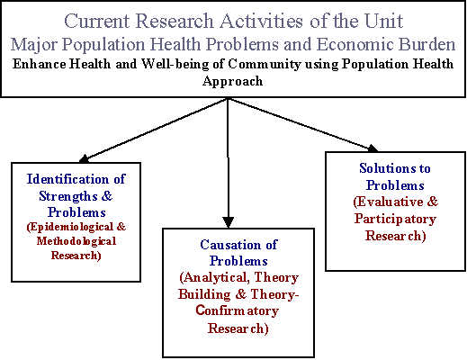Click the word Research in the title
175,21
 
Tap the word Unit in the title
383,21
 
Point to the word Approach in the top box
233,82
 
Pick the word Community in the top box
265,65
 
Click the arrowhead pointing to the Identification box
85,158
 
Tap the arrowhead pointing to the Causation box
229,222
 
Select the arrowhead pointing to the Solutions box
373,148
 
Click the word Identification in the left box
67,179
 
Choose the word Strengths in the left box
68,196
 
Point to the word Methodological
76,241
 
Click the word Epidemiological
70,227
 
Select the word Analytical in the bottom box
214,277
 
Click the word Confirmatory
237,310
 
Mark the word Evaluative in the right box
388,202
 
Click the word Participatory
395,219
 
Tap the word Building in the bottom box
204,294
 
